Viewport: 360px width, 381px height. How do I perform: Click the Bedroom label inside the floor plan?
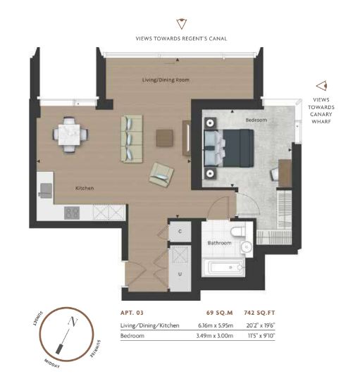(256, 120)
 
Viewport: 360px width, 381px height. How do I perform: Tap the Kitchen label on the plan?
(85, 188)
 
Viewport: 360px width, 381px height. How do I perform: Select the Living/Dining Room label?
(166, 80)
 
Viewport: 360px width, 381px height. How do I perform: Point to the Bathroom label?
(219, 243)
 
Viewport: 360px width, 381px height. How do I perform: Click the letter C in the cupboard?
(180, 231)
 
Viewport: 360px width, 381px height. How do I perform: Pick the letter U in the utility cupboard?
(180, 274)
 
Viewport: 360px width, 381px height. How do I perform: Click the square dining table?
(69, 135)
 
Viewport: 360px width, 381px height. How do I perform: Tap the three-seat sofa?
(132, 139)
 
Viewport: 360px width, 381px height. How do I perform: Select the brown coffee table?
(165, 138)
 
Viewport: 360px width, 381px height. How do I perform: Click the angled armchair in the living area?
(161, 175)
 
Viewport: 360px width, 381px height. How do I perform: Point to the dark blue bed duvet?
(238, 148)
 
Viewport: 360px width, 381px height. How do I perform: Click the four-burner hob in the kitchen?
(72, 213)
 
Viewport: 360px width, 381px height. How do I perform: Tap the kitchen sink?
(46, 190)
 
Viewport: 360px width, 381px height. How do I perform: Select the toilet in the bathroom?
(238, 231)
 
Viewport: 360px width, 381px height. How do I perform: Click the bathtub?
(223, 268)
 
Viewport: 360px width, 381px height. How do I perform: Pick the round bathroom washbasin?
(247, 247)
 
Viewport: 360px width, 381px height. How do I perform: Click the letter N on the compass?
(73, 322)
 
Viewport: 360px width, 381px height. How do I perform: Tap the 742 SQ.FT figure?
(259, 313)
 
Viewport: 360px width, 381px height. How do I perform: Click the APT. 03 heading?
(132, 313)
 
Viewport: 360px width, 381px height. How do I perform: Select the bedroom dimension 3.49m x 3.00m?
(215, 336)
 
